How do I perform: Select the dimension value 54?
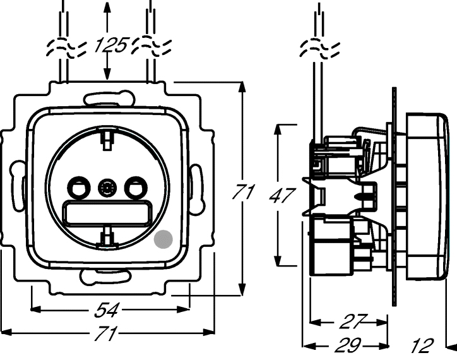coord(109,309)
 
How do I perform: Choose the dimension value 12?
coord(421,345)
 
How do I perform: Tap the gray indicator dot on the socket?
coord(163,239)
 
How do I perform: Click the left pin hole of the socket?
coord(78,188)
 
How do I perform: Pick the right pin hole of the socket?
coord(134,188)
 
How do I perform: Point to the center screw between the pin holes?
coord(106,188)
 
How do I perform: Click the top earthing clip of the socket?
coord(107,135)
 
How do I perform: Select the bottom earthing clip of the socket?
coord(107,235)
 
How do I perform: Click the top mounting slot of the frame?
coord(109,98)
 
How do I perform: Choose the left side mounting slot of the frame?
coord(17,187)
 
